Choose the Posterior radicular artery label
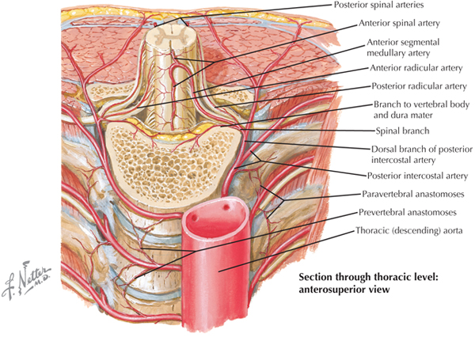[x=416, y=86]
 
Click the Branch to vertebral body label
[x=417, y=104]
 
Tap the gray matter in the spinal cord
[x=169, y=37]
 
